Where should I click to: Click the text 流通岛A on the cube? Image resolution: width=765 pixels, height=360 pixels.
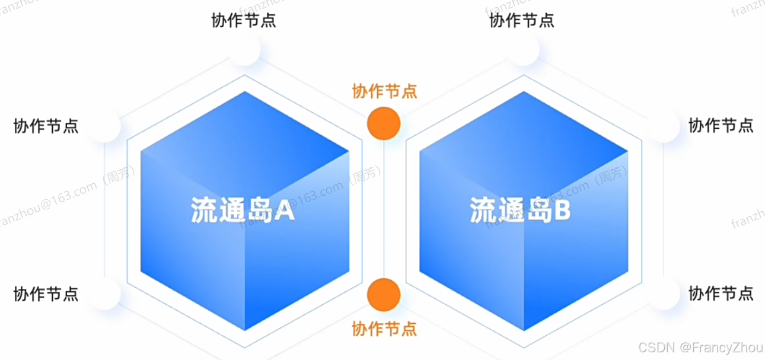243,211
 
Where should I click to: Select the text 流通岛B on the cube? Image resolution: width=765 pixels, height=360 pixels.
520,211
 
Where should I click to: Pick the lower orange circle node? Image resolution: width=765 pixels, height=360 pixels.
384,295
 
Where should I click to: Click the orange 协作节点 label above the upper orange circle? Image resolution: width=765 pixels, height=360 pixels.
384,91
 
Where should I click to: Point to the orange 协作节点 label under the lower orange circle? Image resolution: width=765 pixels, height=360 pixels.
384,328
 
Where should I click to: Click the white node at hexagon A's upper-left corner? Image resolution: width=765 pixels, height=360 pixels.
105,126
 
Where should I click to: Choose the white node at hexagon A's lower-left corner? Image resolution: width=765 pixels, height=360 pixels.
105,294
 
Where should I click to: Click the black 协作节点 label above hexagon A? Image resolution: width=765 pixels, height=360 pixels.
244,21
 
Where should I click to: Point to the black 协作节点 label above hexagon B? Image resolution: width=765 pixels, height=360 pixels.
522,21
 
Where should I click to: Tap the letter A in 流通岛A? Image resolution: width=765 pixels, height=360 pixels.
284,211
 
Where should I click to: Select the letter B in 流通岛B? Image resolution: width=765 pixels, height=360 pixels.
561,211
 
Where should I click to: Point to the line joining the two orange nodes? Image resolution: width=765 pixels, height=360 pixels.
384,208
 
